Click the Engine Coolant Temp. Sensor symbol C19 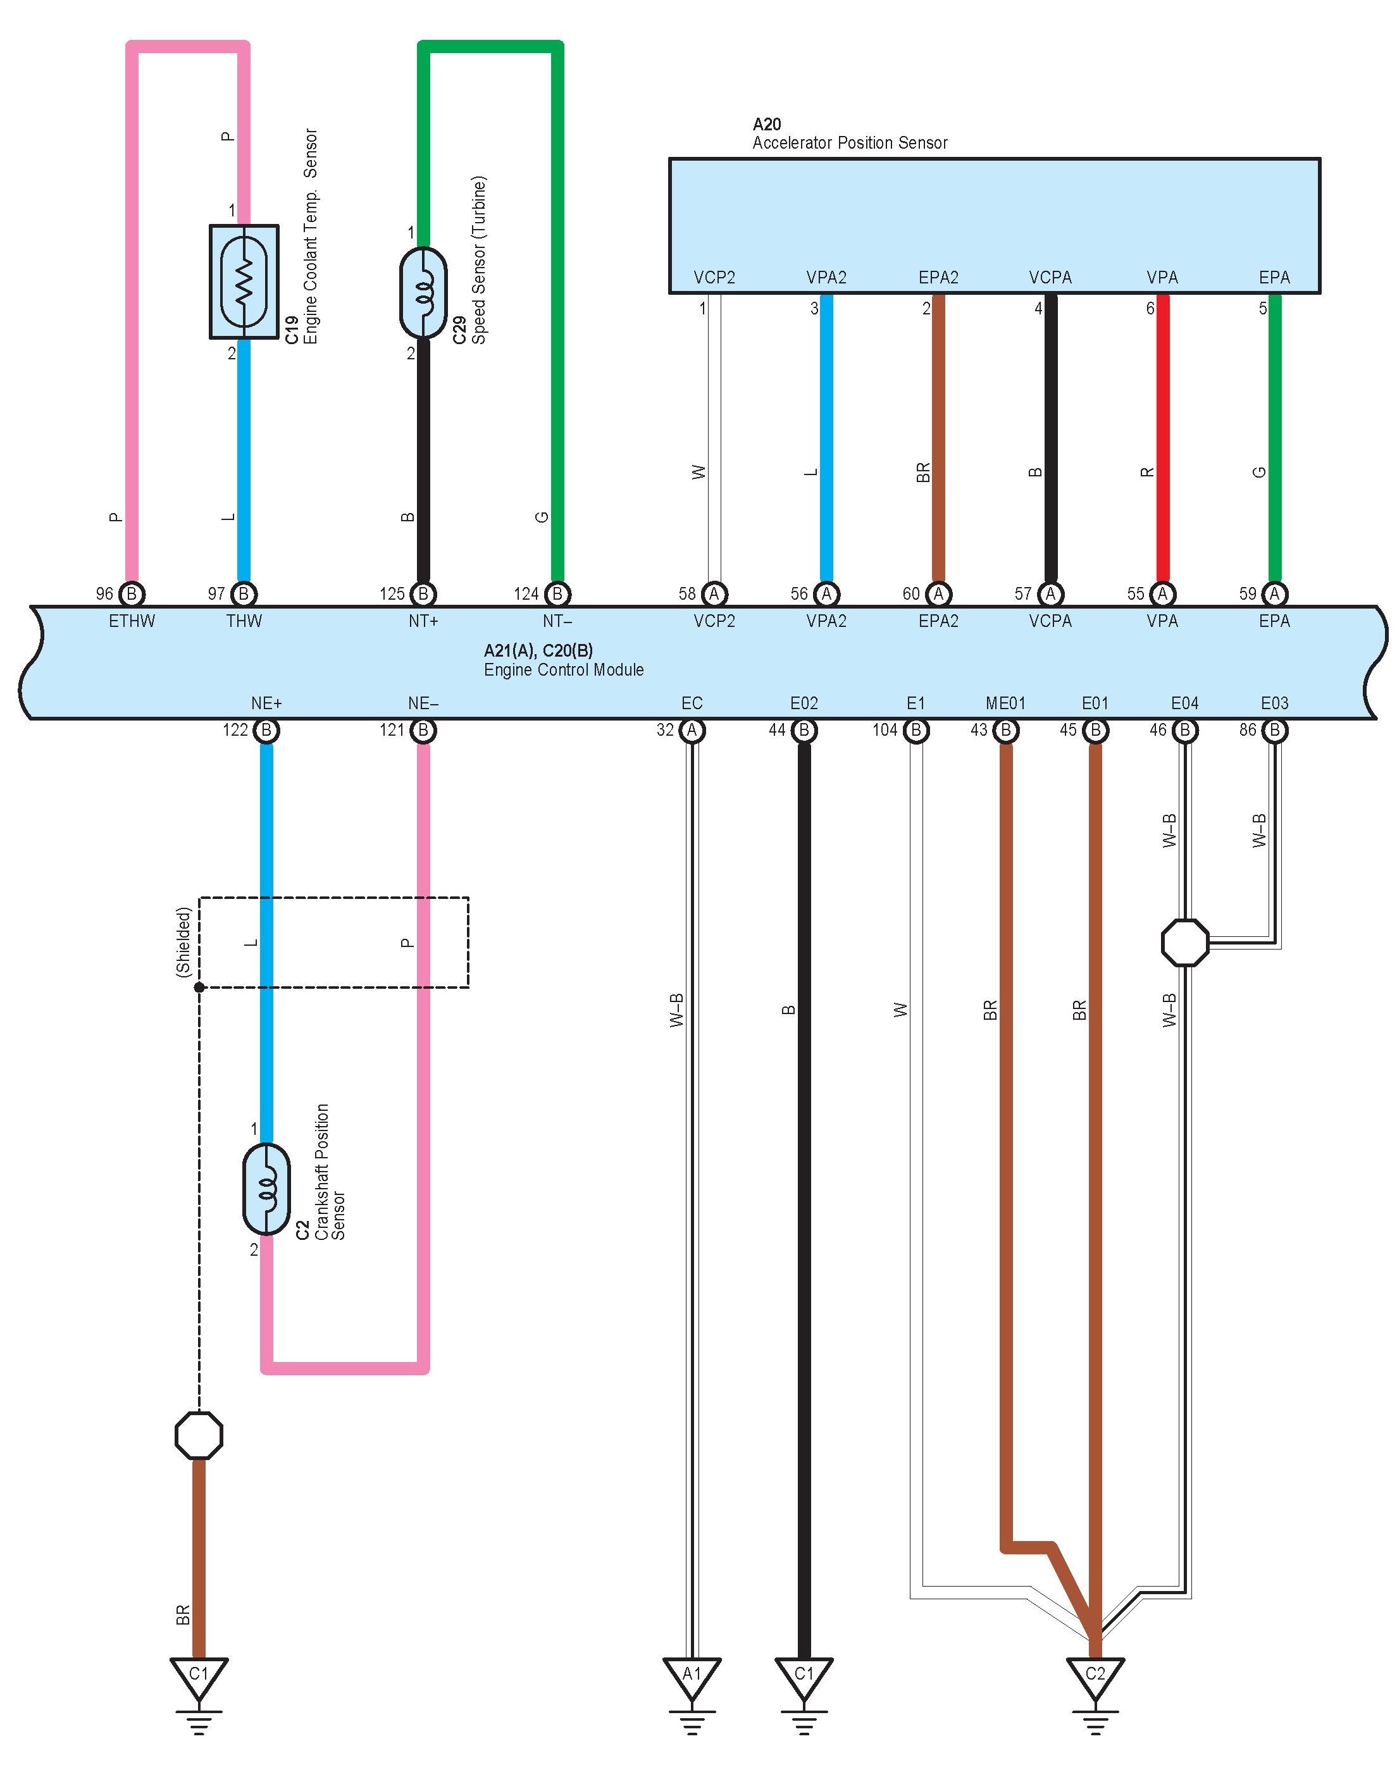tap(244, 282)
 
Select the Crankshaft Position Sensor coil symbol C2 tap(266, 1189)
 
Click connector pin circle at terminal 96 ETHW tap(132, 594)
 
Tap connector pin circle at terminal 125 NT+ tap(423, 594)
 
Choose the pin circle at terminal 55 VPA tap(1162, 594)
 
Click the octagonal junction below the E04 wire tap(1184, 942)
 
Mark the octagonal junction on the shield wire tap(199, 1435)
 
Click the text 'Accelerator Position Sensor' tap(850, 143)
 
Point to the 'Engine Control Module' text tap(564, 670)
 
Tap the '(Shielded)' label tap(183, 941)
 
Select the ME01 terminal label tap(1005, 703)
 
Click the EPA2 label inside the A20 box tap(938, 277)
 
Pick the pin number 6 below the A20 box tap(1150, 308)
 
